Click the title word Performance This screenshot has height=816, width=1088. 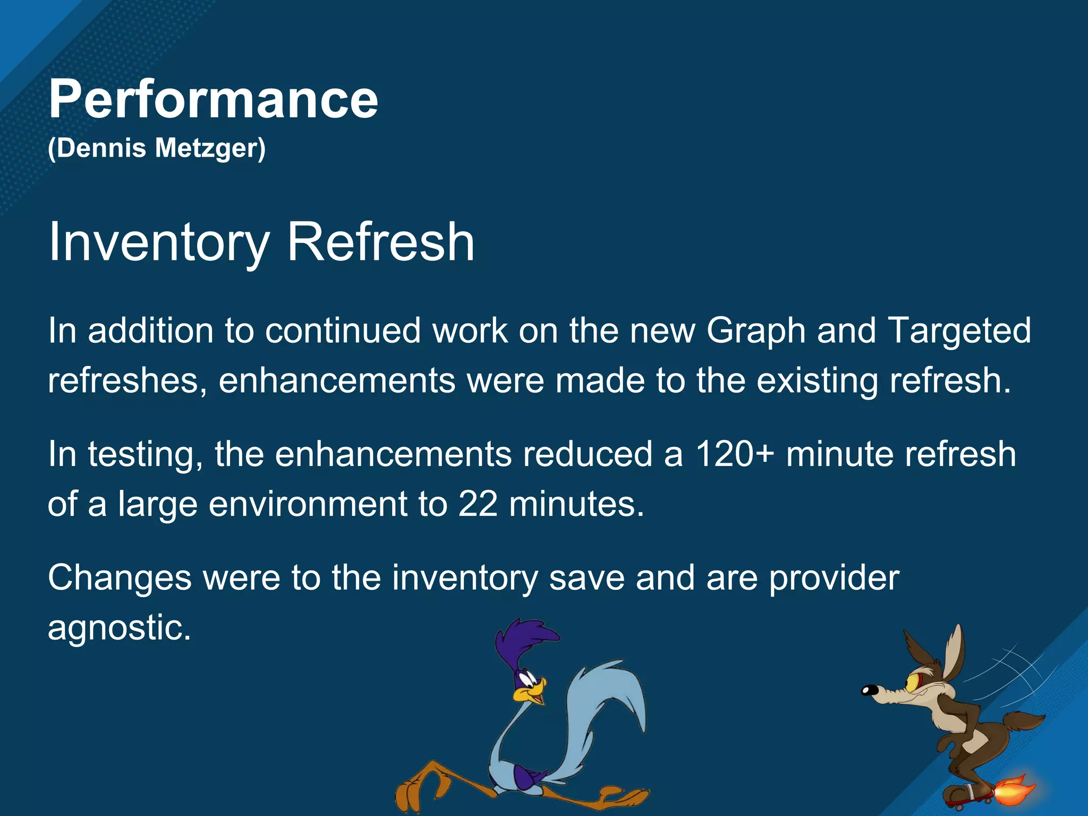click(x=213, y=99)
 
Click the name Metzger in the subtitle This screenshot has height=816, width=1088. click(x=209, y=148)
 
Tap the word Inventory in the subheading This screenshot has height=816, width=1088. click(x=159, y=242)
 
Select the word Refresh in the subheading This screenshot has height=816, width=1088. click(x=380, y=242)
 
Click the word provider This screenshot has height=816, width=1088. click(x=834, y=577)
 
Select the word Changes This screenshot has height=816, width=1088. click(x=120, y=577)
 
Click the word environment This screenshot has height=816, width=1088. click(x=308, y=504)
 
